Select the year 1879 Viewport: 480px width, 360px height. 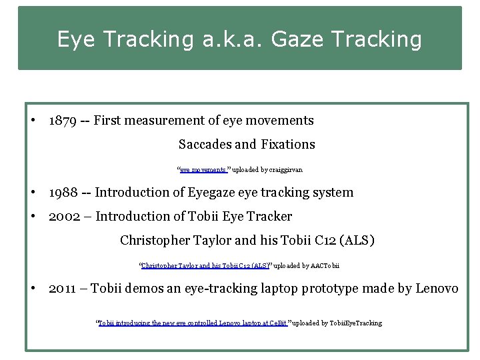point(62,121)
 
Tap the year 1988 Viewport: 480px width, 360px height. point(62,193)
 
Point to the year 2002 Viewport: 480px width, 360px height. point(63,217)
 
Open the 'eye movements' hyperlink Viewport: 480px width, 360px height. point(203,170)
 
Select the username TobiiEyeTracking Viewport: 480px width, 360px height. point(353,323)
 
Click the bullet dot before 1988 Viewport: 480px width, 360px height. point(33,193)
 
